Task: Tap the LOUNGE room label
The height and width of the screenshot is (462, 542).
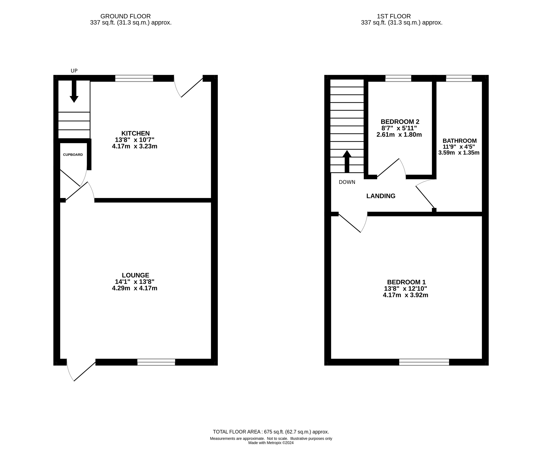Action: pos(135,275)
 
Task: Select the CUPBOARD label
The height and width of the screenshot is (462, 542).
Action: pos(73,155)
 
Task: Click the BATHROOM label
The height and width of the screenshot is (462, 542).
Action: pos(460,141)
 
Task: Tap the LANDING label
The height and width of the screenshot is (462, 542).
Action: pos(381,196)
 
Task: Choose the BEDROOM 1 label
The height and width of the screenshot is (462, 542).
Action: pos(406,282)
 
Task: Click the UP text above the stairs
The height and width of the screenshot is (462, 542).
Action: pos(74,71)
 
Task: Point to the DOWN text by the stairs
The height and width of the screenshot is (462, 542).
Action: pos(347,182)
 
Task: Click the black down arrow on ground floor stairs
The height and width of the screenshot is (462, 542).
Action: pos(74,91)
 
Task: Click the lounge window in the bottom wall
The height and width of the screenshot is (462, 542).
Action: pos(156,362)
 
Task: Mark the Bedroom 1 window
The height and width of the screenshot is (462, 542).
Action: pos(424,362)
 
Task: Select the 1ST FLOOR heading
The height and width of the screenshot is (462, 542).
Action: pos(394,16)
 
